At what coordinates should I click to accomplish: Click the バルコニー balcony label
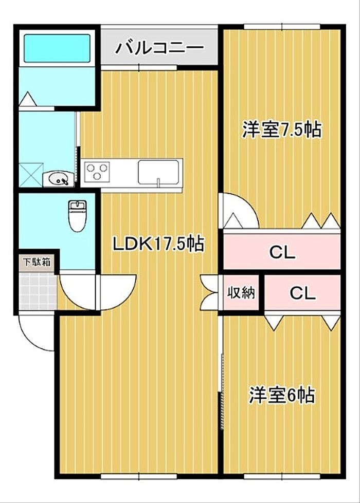tap(159, 48)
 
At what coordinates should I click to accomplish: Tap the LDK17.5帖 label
tap(158, 244)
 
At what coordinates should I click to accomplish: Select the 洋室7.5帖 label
tap(282, 129)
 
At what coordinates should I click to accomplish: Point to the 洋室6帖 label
tap(282, 395)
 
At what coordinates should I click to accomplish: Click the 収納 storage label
tap(241, 292)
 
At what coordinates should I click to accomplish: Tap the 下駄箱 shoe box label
tap(37, 262)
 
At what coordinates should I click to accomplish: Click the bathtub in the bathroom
tap(57, 48)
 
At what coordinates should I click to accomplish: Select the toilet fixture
tap(77, 216)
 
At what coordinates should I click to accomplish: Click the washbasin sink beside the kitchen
tap(58, 178)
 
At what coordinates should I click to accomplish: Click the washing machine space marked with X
tap(31, 175)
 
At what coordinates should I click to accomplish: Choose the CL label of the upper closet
tap(282, 252)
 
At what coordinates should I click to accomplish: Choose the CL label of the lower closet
tap(302, 292)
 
